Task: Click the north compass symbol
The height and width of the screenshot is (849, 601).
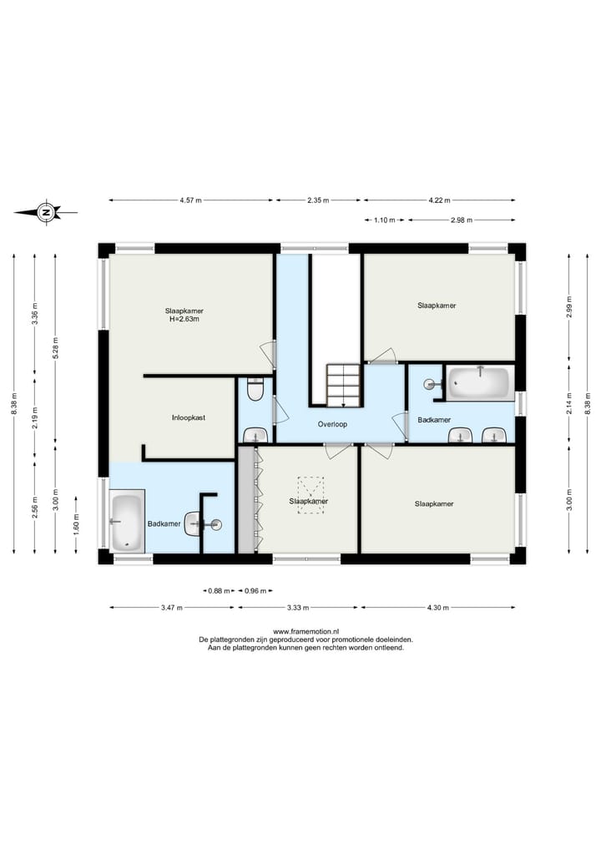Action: coord(46,212)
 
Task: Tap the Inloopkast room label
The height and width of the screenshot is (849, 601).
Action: coord(189,417)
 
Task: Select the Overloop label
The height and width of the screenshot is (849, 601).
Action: coord(332,424)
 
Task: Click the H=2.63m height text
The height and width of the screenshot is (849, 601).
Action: coord(184,319)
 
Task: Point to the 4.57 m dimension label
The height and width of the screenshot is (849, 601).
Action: coord(190,200)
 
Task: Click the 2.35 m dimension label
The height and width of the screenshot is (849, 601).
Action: coord(318,200)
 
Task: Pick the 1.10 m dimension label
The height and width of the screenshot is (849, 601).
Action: coord(385,220)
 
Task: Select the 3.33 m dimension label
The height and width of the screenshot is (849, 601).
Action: coord(298,608)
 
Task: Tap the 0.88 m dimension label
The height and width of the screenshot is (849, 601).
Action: coord(219,591)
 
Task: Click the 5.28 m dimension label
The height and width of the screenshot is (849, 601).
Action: coord(55,347)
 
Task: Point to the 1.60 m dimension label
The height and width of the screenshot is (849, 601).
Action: coord(76,524)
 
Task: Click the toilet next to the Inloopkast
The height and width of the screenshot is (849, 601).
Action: coord(255,389)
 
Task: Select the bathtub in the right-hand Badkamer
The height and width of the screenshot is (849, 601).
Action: coord(478,382)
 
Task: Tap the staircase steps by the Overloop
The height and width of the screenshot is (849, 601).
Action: coord(343,386)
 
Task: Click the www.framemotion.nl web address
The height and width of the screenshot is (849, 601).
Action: coord(306,631)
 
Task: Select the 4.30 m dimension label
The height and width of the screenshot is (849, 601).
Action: coord(438,608)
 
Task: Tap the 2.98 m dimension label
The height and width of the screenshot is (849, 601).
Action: coord(462,220)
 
